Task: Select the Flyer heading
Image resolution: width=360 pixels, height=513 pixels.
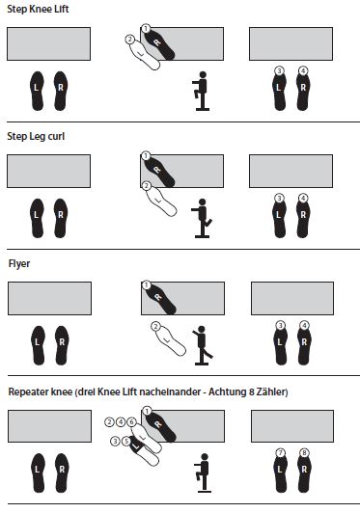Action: pos(19,262)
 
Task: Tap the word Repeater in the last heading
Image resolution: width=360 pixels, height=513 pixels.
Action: pos(28,391)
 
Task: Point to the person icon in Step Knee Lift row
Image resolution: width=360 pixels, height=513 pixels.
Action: pos(202,92)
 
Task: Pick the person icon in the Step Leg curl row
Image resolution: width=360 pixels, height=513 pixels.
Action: pos(202,218)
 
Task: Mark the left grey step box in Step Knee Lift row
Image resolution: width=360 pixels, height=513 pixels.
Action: pos(48,44)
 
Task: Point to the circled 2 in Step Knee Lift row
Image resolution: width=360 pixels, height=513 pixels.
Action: pos(129,40)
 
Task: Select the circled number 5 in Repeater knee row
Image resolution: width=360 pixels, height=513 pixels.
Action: pos(126,441)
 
